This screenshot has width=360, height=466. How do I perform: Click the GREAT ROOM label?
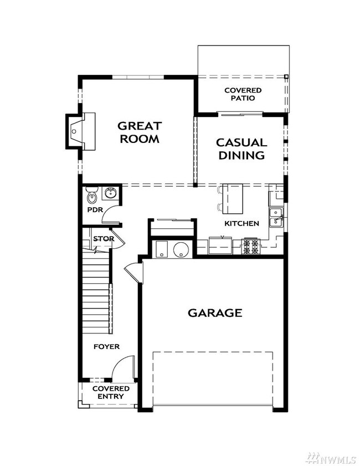pos(138,132)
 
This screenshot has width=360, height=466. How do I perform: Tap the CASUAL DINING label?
pos(240,149)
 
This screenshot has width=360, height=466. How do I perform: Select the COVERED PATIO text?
pos(243,94)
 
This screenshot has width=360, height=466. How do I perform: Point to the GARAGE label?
pos(215,313)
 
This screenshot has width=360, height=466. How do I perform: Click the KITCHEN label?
pos(241,223)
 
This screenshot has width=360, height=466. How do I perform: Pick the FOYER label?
pos(106,346)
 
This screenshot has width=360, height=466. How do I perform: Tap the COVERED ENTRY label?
pos(111,392)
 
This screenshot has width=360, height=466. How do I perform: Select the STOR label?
pos(103,239)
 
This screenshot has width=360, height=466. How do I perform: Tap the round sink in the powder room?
pos(110,193)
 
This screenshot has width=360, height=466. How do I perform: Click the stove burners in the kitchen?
pos(250,247)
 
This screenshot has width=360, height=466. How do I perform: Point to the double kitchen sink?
pos(276,217)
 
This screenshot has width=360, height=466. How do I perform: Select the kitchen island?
pos(232,199)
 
